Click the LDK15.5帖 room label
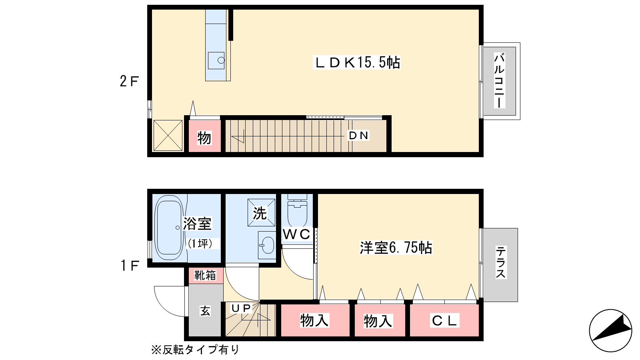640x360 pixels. click(x=356, y=62)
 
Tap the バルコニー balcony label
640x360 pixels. click(x=499, y=80)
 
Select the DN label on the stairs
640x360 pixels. click(x=358, y=136)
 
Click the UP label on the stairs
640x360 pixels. click(x=241, y=308)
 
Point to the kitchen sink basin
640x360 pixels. click(x=216, y=60)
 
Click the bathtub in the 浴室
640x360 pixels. click(x=169, y=228)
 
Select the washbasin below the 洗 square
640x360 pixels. click(x=267, y=245)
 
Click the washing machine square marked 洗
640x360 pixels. click(x=261, y=212)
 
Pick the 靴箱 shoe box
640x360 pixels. click(x=206, y=276)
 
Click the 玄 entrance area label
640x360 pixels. click(x=206, y=311)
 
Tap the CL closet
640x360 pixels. click(x=444, y=320)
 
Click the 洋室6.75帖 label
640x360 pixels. click(x=396, y=248)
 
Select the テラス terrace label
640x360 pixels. click(x=500, y=262)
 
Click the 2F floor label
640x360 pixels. click(x=129, y=82)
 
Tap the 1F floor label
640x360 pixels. click(x=130, y=266)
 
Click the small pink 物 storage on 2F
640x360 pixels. click(x=204, y=136)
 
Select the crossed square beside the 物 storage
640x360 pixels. click(x=168, y=136)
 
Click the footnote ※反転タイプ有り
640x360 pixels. click(x=195, y=350)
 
